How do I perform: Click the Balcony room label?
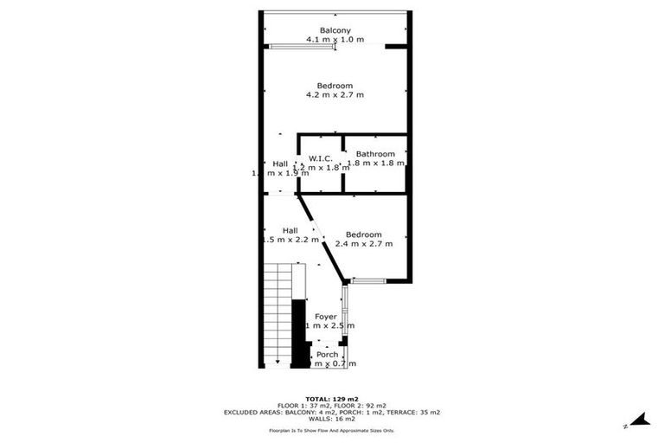(335, 30)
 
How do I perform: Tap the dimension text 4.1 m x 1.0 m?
(335, 40)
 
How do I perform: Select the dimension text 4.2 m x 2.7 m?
(335, 94)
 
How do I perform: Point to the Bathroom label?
(375, 154)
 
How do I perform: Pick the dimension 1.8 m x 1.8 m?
(376, 164)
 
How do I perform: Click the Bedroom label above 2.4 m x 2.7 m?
(364, 234)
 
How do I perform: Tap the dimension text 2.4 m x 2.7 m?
(364, 244)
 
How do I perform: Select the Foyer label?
(326, 317)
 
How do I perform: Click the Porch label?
(327, 354)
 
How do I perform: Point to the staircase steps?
(277, 311)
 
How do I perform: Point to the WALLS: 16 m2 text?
(332, 421)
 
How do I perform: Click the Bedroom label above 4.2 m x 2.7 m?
(335, 85)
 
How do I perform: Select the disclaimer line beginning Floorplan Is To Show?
(332, 430)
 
